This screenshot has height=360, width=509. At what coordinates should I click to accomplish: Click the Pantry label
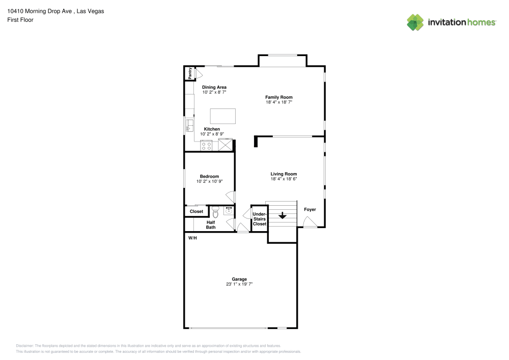[x=190, y=73]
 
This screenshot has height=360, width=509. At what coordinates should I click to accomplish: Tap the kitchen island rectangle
[x=224, y=116]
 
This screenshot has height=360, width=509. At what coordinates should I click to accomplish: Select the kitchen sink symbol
[x=189, y=125]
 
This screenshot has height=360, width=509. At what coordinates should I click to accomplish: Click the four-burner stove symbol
[x=207, y=146]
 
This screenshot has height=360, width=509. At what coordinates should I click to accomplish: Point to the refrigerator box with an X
[x=224, y=145]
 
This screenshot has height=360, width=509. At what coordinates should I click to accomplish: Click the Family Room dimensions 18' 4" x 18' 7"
[x=278, y=102]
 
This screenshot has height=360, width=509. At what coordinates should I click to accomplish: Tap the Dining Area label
[x=214, y=87]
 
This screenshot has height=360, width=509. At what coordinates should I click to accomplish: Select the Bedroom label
[x=209, y=176]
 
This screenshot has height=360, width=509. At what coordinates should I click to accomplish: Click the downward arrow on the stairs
[x=282, y=216]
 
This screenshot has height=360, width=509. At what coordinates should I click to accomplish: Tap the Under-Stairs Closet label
[x=260, y=219]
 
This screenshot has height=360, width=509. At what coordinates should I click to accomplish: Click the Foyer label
[x=309, y=209]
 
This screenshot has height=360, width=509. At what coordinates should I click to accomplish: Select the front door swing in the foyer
[x=308, y=221]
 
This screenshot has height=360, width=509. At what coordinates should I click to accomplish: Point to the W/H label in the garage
[x=192, y=238]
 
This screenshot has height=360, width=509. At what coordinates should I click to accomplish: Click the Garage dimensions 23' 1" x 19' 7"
[x=239, y=284]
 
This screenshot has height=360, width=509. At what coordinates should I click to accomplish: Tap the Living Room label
[x=284, y=174]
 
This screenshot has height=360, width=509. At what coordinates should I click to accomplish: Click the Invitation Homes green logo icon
[x=415, y=22]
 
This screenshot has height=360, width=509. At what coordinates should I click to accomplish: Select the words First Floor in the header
[x=20, y=20]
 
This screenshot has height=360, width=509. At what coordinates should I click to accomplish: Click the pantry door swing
[x=192, y=74]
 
